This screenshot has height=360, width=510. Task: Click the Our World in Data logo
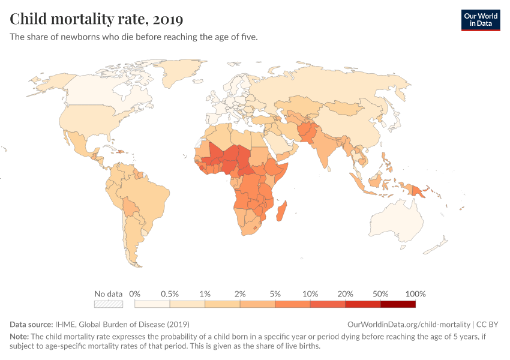[480, 20]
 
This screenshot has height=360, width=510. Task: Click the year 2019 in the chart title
[168, 19]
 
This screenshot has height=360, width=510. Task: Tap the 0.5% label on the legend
[170, 294]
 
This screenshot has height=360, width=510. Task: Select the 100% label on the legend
[415, 294]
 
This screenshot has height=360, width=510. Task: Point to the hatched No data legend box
[109, 304]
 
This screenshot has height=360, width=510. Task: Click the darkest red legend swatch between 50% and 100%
[398, 304]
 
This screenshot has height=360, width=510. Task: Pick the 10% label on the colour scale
[310, 294]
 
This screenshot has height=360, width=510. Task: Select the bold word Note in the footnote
[19, 337]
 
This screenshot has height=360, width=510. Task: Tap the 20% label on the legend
[346, 294]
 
